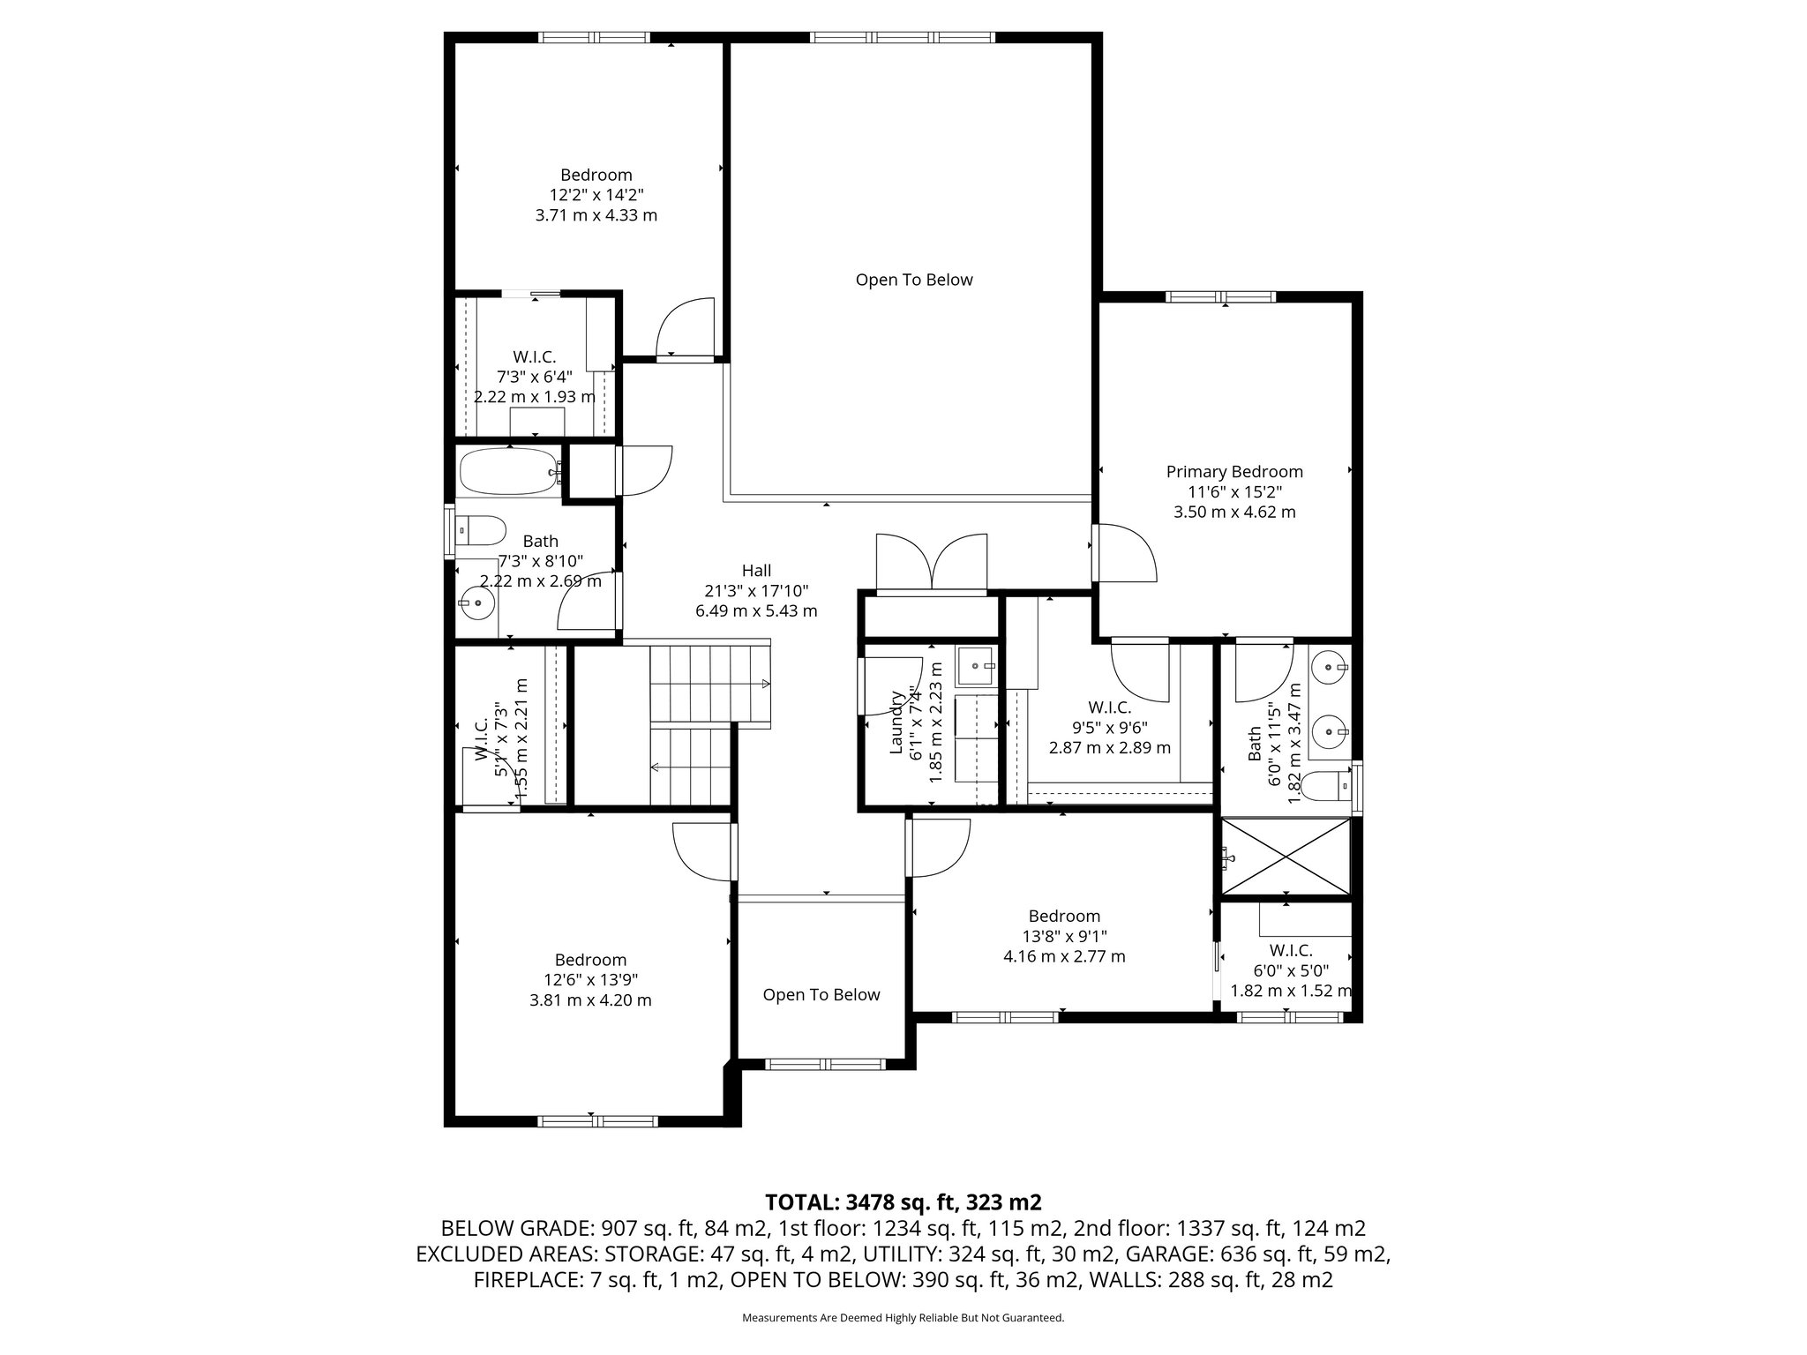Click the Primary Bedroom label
[1233, 472]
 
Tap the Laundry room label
[897, 722]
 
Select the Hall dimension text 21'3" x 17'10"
[756, 591]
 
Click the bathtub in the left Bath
[507, 472]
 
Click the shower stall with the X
[1286, 857]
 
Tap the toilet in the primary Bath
[1329, 783]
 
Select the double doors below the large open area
[931, 561]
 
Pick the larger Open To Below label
[913, 281]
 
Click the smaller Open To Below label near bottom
[821, 995]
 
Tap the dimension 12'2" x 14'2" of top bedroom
[596, 195]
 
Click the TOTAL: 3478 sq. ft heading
[903, 1202]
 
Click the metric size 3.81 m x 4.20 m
[590, 999]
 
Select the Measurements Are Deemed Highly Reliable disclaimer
[903, 1318]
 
